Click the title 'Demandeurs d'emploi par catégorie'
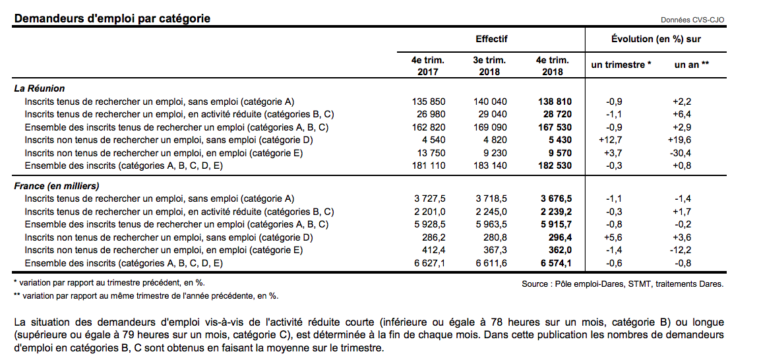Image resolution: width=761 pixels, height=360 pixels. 112,18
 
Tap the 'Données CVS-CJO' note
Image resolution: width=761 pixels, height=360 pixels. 692,20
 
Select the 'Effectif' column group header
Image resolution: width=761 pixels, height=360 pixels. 491,40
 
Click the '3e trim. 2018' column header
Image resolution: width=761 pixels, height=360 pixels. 489,65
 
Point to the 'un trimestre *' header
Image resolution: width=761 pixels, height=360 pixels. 621,65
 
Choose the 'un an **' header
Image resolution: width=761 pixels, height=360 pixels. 691,65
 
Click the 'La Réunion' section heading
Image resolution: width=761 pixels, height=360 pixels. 40,88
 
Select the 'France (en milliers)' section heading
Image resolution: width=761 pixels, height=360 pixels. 57,186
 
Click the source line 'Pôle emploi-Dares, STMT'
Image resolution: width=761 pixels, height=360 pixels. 622,284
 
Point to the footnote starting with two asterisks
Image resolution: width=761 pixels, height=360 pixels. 146,296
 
